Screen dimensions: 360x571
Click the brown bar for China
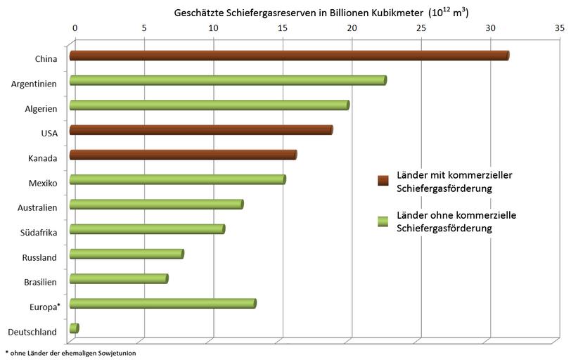point(288,56)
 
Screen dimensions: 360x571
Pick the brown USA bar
point(200,130)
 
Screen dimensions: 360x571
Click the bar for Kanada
point(182,155)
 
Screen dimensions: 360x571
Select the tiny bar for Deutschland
point(74,328)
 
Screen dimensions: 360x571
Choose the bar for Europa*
point(162,304)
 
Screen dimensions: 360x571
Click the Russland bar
point(126,254)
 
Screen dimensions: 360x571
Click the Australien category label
point(39,207)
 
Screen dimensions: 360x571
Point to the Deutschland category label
point(33,331)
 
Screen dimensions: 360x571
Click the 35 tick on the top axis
point(559,29)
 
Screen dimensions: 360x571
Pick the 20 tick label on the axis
point(352,29)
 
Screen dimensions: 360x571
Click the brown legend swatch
point(383,181)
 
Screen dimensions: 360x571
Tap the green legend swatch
point(383,221)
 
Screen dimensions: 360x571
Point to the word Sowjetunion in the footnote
point(116,352)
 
